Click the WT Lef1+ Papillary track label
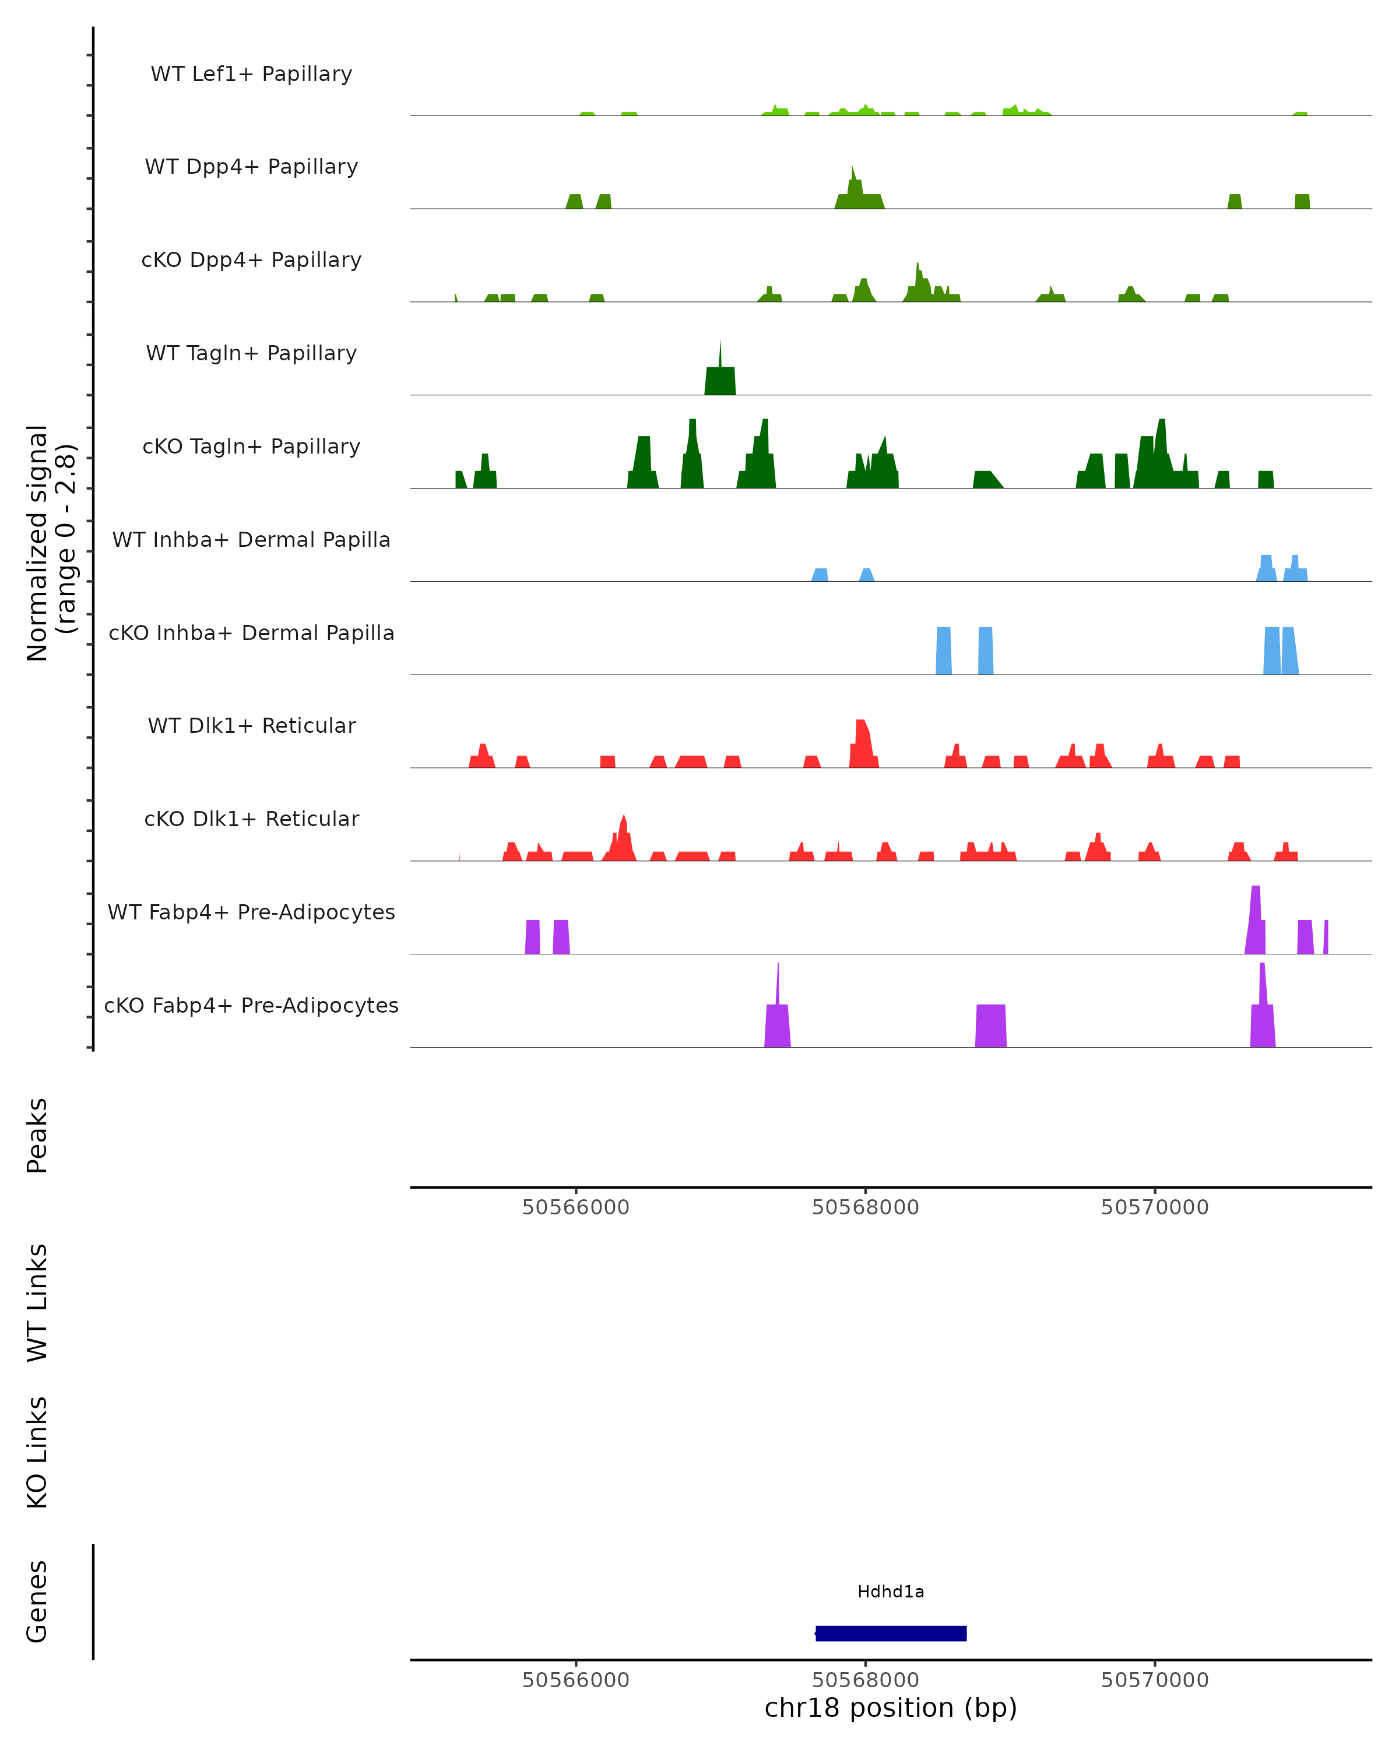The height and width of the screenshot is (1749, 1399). tap(251, 74)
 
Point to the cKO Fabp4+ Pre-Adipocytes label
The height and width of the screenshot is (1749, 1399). tap(251, 1005)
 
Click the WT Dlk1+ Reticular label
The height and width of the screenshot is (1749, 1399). tap(251, 725)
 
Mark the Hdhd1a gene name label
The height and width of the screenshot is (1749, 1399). tap(891, 1592)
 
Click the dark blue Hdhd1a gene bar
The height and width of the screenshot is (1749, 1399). tap(891, 1633)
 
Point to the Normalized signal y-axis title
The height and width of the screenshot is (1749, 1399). tap(50, 542)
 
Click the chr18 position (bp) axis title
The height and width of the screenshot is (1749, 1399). tap(891, 1708)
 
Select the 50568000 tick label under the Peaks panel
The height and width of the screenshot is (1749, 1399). tap(866, 1207)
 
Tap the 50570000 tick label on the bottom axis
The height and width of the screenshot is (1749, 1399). tap(1154, 1680)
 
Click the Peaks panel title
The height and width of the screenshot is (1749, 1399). tap(37, 1135)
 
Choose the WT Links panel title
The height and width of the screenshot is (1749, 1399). tap(37, 1303)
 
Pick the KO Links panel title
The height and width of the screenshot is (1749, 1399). tap(37, 1452)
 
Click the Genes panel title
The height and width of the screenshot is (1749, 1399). tap(37, 1602)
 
